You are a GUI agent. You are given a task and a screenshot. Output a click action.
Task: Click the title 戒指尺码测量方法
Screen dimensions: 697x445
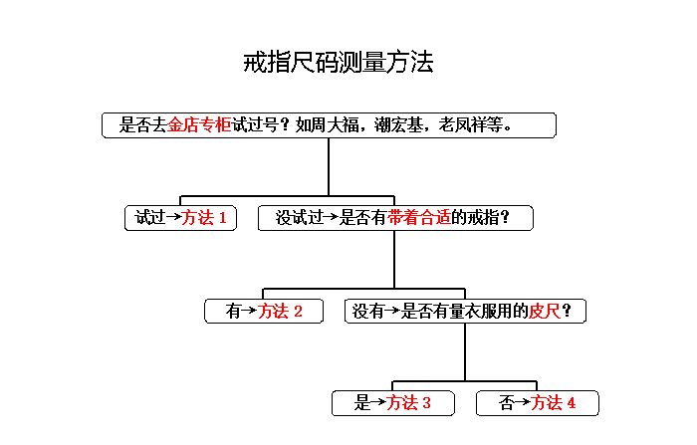339,62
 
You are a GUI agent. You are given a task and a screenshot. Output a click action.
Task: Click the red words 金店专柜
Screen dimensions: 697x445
199,124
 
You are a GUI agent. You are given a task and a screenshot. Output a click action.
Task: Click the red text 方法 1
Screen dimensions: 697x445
204,218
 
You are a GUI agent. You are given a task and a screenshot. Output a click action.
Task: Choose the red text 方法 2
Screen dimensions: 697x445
280,311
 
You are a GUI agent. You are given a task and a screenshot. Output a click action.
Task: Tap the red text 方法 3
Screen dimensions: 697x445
408,403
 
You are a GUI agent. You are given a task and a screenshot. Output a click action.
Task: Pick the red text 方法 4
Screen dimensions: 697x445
553,403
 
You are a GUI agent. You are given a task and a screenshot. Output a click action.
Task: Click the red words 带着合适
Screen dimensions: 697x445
419,218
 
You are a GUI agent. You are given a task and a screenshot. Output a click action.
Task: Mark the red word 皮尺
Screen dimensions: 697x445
545,311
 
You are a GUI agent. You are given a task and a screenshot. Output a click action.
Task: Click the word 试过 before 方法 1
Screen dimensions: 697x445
150,218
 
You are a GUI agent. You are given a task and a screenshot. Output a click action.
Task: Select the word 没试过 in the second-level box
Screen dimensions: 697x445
299,218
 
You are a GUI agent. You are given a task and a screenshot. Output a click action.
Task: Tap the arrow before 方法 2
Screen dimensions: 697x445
249,311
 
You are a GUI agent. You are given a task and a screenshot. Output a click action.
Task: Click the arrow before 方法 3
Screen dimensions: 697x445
377,402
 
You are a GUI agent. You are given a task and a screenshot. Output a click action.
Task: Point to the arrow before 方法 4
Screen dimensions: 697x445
523,402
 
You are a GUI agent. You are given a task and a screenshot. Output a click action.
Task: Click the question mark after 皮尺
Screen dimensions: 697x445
567,311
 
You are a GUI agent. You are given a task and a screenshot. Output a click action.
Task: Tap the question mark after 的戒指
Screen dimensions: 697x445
505,218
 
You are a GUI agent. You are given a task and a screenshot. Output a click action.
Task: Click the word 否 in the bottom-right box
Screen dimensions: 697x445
506,403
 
